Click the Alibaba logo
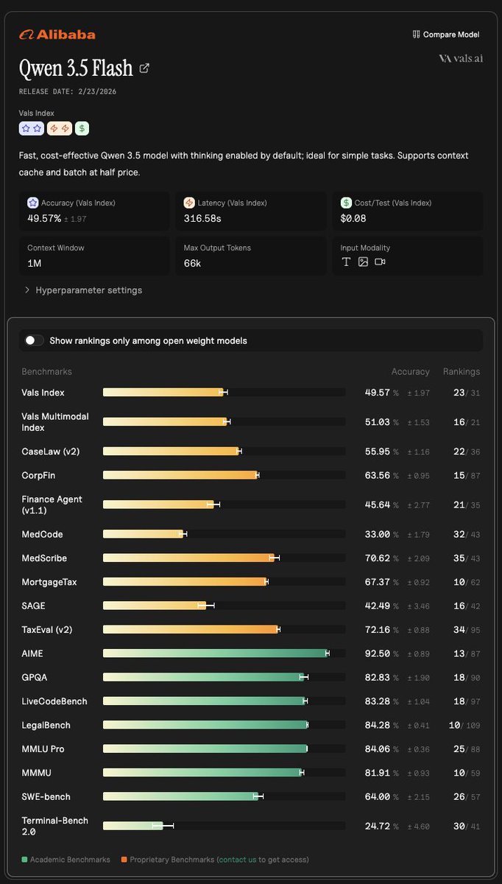57,35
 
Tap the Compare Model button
446,35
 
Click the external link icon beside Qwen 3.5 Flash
144,69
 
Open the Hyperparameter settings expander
84,290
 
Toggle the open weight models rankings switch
34,340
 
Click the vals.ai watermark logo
461,58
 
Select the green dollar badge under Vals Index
82,128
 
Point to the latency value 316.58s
202,218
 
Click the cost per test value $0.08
353,218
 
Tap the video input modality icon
380,262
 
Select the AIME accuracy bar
216,653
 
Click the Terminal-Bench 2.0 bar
133,826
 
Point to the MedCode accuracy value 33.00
378,534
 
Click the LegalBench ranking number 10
454,725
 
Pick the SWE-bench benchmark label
46,796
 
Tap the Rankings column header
462,371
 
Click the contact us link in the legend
238,859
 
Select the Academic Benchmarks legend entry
66,859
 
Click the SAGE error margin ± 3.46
418,606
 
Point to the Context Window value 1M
35,263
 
